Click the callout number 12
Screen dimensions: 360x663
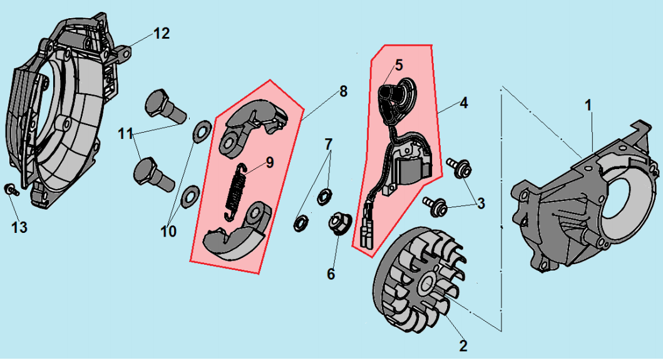tap(162, 33)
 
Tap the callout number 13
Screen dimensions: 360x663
tap(20, 227)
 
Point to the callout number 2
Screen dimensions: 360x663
tap(463, 346)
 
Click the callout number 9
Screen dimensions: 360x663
tap(269, 163)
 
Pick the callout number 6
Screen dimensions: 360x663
tap(331, 274)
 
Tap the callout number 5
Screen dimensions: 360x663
tap(399, 64)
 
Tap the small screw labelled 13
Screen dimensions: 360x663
tap(11, 190)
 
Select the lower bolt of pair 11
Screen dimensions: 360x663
tap(153, 173)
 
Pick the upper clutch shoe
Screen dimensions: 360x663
tap(254, 124)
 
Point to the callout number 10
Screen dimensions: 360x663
tap(167, 232)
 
